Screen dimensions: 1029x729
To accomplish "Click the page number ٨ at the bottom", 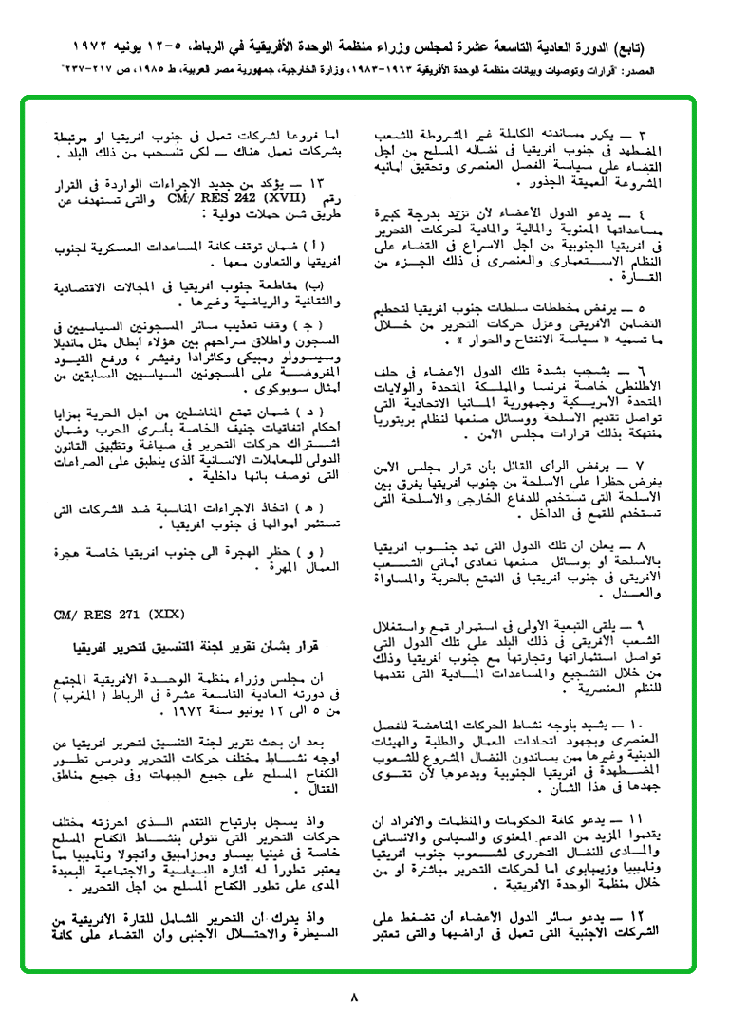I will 356,997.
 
